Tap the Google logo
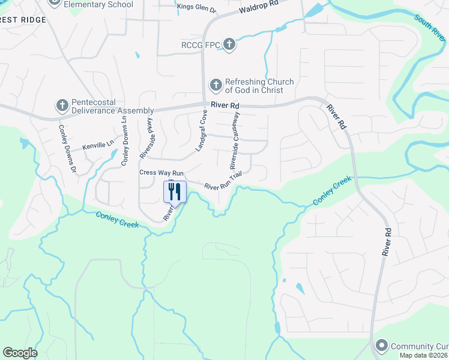click(x=20, y=353)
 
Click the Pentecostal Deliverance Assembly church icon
click(x=61, y=106)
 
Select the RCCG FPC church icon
click(x=229, y=44)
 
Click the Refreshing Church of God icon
click(x=215, y=86)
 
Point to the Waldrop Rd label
click(x=259, y=7)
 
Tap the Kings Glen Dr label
click(x=196, y=7)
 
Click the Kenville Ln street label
click(x=98, y=145)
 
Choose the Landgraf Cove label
click(x=201, y=130)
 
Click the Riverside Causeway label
click(x=235, y=142)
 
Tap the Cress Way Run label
click(x=161, y=172)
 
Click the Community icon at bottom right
click(x=381, y=346)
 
